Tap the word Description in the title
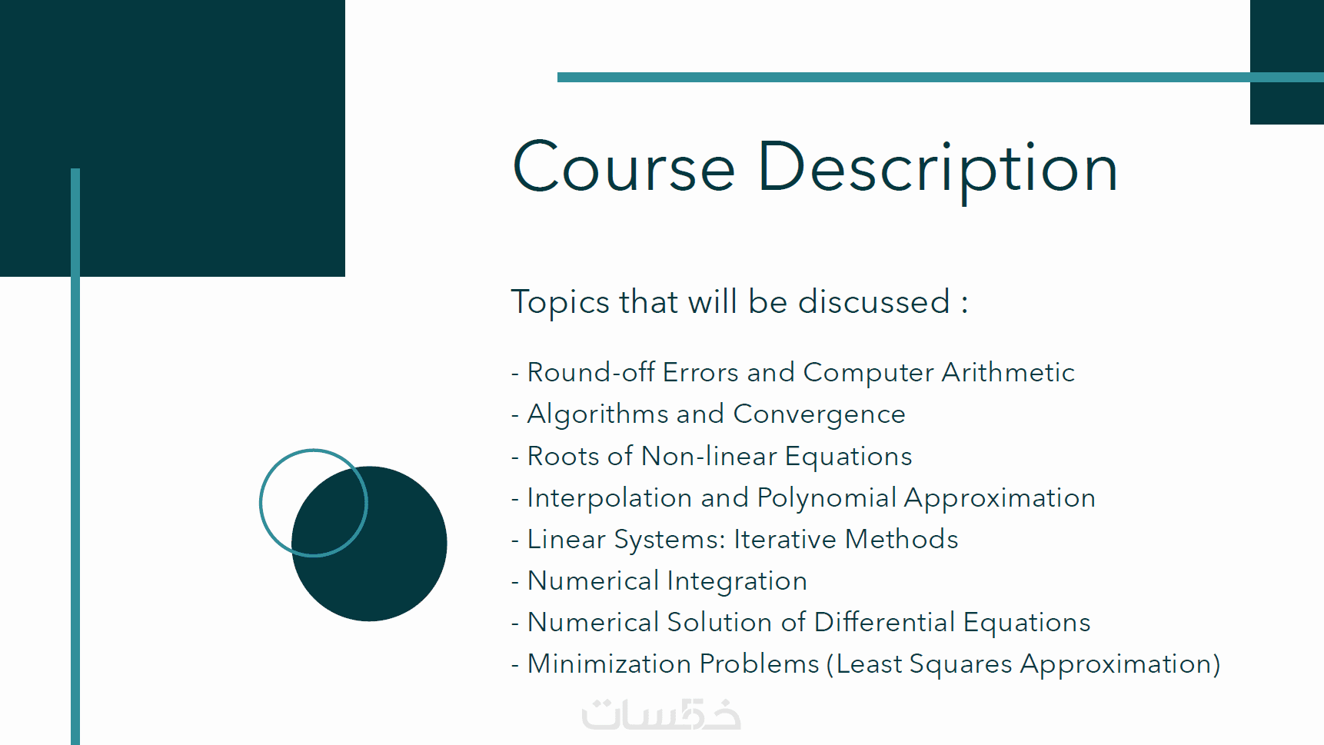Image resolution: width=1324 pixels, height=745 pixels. [938, 171]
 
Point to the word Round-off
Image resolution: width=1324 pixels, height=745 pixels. [591, 372]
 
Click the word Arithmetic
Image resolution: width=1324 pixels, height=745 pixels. [1008, 372]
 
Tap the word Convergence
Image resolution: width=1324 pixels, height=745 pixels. [820, 415]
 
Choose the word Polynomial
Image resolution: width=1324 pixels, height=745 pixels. [827, 498]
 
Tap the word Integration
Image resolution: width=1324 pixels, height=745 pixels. [737, 582]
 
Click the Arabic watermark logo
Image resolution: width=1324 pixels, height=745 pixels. [661, 714]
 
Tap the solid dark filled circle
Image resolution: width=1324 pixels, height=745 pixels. [370, 544]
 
